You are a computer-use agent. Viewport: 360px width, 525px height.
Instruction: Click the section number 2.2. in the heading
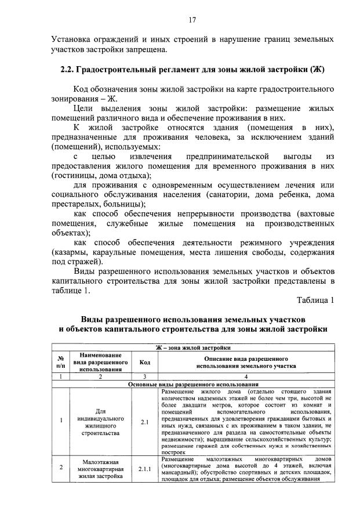pyautogui.click(x=71, y=70)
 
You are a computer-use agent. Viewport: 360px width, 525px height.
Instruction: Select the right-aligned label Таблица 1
pyautogui.click(x=315, y=300)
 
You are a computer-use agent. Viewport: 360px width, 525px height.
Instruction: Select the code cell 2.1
pyautogui.click(x=145, y=422)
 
